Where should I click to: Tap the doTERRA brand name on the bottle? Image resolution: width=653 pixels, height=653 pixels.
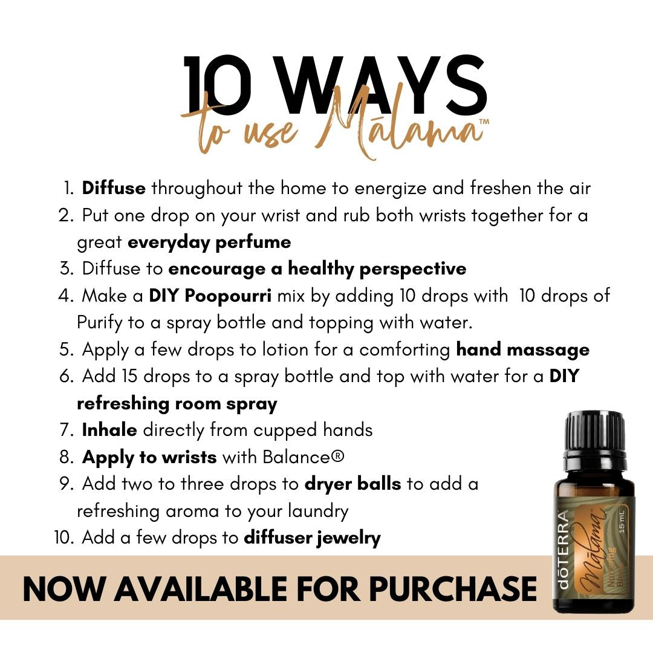(x=563, y=549)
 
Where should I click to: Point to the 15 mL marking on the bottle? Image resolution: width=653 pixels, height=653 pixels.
(x=622, y=521)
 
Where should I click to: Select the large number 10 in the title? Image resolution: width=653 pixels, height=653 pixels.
(x=218, y=86)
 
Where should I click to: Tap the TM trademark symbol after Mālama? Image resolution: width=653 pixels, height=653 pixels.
(x=484, y=122)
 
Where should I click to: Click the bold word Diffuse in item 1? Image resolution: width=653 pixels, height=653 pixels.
(x=114, y=188)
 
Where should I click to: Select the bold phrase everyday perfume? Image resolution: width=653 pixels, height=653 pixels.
(x=209, y=242)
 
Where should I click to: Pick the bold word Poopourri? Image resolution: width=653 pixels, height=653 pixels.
(x=228, y=296)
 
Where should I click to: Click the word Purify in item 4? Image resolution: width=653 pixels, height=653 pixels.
(x=100, y=323)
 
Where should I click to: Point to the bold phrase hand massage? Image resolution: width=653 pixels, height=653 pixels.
(x=522, y=350)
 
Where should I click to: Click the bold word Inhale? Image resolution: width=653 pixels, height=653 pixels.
(x=109, y=430)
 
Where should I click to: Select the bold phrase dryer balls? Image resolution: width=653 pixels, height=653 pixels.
(x=352, y=484)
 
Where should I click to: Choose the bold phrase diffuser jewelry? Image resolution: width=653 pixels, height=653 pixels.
(x=312, y=538)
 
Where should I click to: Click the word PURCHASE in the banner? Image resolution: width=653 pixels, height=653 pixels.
(x=453, y=589)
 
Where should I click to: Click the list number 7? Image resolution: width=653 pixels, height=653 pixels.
(x=67, y=430)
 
